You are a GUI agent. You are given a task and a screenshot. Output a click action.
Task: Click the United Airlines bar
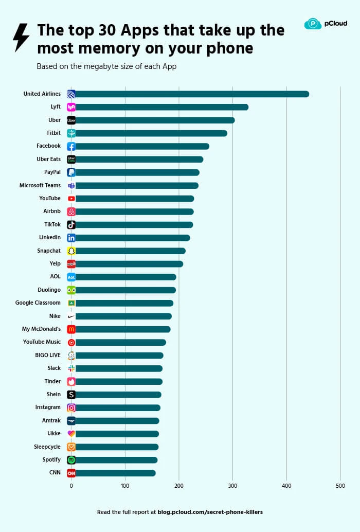[190, 94]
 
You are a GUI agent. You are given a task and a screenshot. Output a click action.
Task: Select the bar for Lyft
[159, 107]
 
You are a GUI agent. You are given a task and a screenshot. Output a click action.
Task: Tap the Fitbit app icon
[71, 133]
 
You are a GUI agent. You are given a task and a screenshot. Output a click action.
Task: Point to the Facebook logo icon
[71, 146]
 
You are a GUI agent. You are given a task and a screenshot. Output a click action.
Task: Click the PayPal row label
[52, 172]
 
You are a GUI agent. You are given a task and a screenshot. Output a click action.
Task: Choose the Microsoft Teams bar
[136, 185]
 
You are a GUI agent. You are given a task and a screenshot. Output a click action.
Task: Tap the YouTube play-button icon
[71, 199]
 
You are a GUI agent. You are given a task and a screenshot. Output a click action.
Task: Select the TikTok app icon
[71, 224]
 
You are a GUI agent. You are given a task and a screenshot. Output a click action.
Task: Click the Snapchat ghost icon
[71, 251]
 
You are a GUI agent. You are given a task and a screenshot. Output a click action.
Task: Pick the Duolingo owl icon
[71, 290]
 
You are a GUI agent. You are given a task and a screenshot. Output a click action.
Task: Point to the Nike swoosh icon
[71, 316]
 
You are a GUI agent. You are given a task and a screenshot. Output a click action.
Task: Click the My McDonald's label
[41, 329]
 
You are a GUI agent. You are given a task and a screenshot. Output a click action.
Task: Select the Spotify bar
[116, 460]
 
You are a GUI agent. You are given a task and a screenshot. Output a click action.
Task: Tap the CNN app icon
[71, 473]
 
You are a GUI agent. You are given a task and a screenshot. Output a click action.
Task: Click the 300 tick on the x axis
[232, 486]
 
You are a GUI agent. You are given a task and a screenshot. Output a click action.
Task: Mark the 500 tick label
[340, 486]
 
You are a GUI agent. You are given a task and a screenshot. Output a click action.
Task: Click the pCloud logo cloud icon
[313, 24]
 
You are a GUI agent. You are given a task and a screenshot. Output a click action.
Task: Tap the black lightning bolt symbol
[21, 37]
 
